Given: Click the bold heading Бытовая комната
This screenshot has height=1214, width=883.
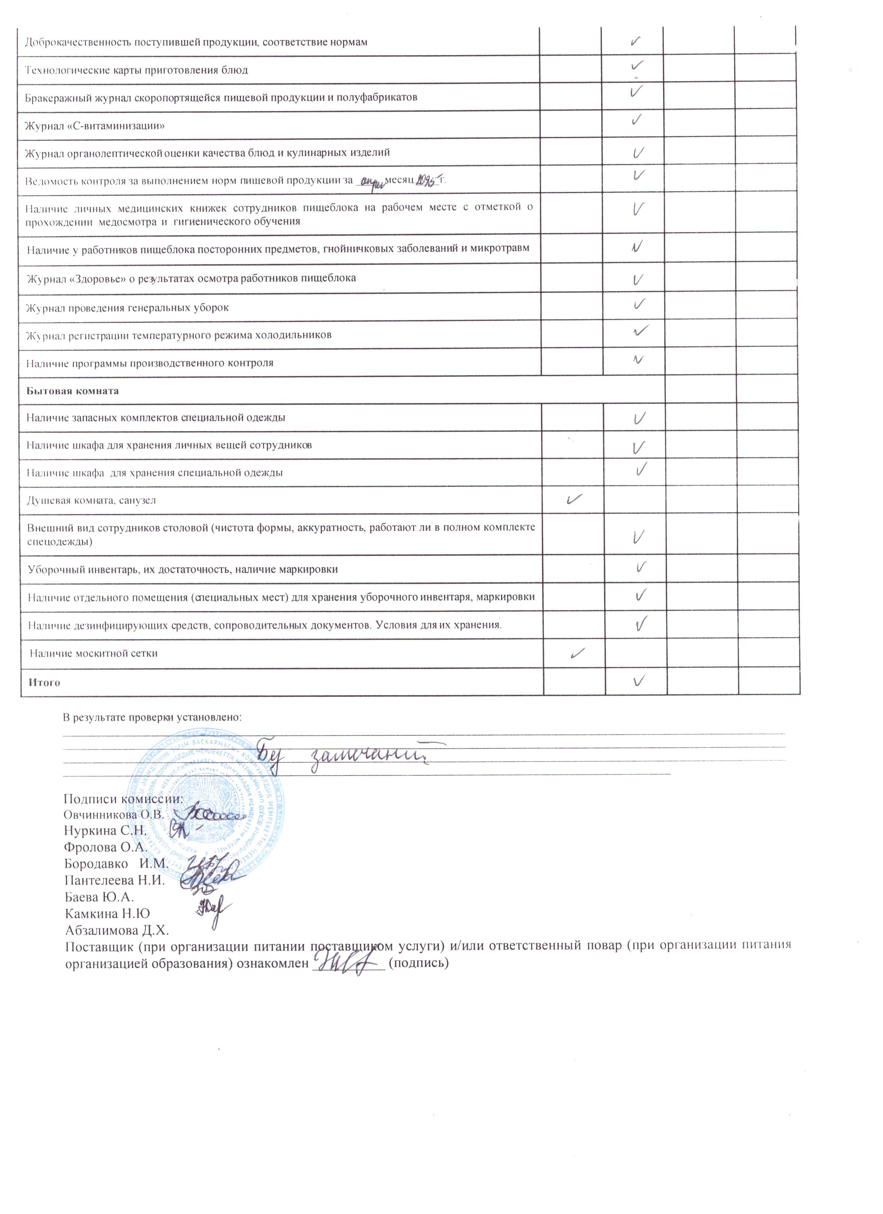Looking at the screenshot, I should click(73, 391).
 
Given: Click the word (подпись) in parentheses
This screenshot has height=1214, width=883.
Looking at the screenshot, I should click(418, 964).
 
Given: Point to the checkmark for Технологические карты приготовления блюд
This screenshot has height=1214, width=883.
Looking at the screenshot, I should click(637, 66).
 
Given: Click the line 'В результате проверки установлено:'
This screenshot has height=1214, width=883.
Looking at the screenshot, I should click(153, 717).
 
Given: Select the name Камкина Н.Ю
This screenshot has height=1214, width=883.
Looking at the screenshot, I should click(108, 914).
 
